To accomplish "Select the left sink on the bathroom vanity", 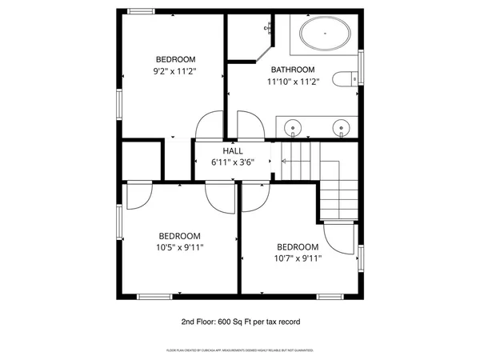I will [x=294, y=126].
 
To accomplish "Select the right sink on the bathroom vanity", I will [x=342, y=126].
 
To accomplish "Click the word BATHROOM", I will [x=292, y=70].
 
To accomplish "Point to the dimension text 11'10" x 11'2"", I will [x=292, y=82].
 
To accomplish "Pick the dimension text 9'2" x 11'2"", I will [x=175, y=71].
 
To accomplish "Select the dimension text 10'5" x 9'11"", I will [x=179, y=248].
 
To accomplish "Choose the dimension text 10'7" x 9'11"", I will [x=298, y=258].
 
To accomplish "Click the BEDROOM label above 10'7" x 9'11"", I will [x=298, y=246].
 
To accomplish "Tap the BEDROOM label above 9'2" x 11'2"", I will [x=175, y=59].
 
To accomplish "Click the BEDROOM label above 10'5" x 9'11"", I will [x=179, y=236].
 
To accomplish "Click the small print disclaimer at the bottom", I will [x=240, y=350].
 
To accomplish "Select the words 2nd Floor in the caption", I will [x=198, y=322].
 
